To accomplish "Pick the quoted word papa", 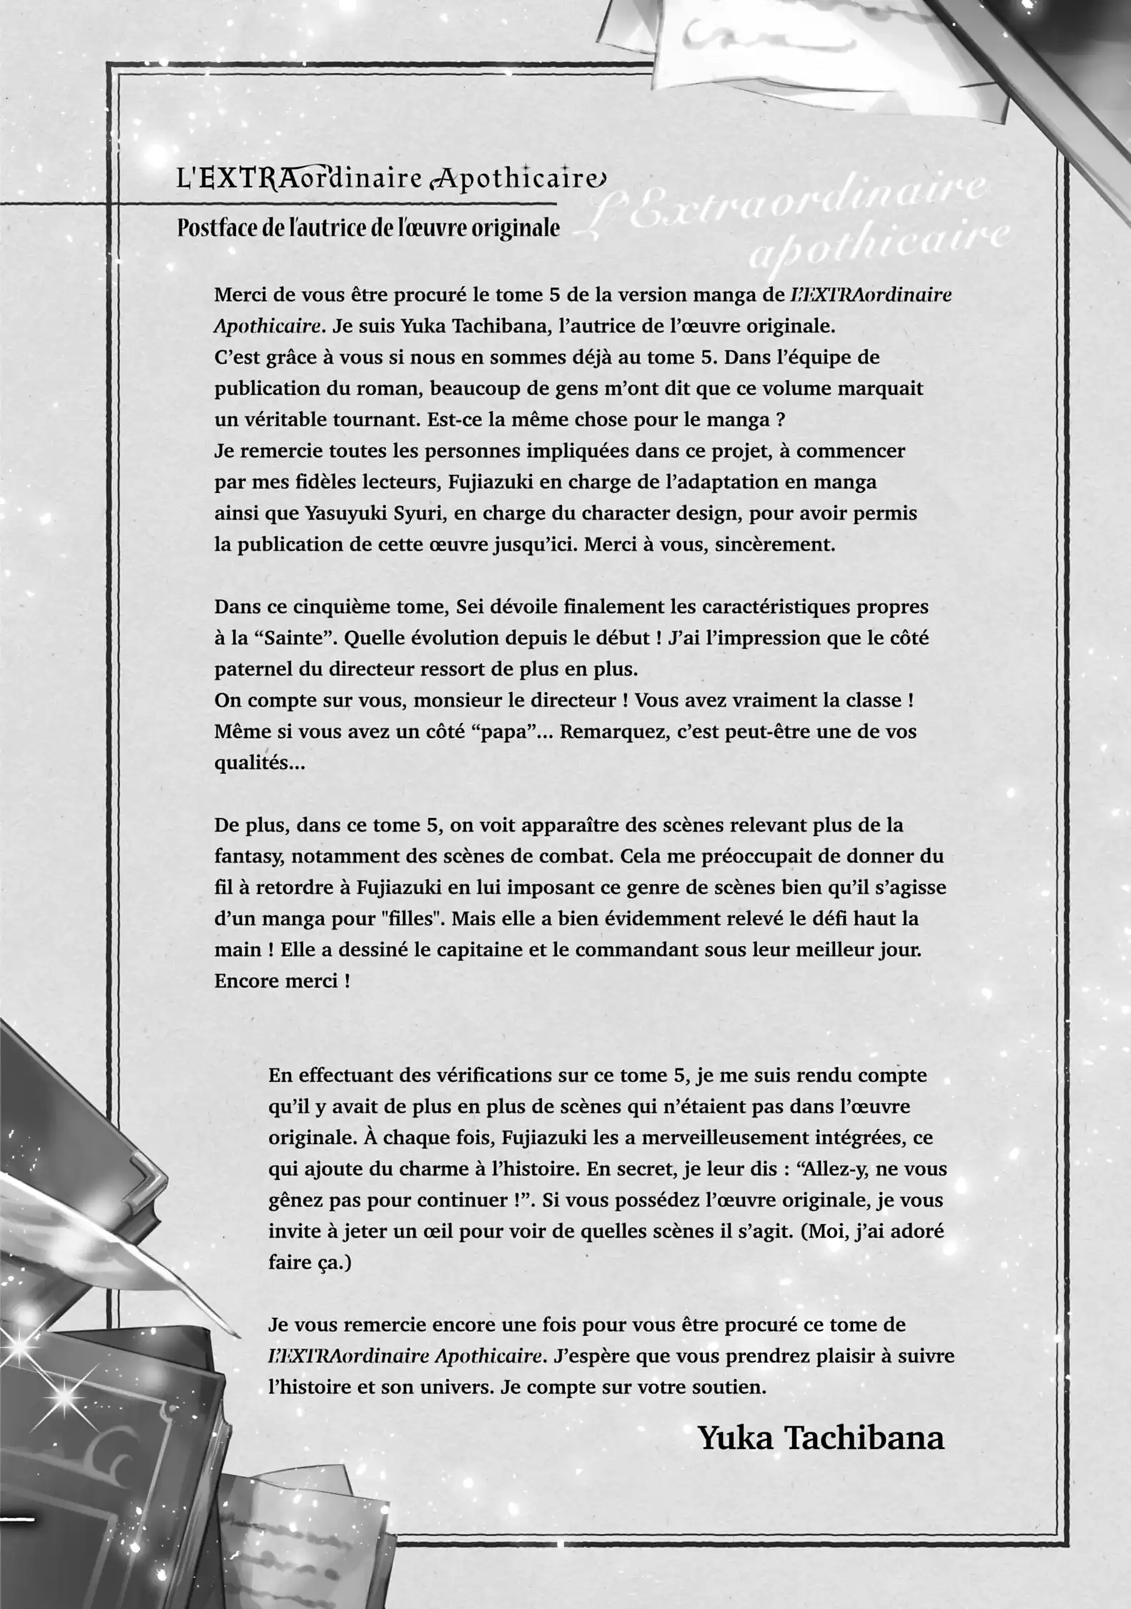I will [x=503, y=732].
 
